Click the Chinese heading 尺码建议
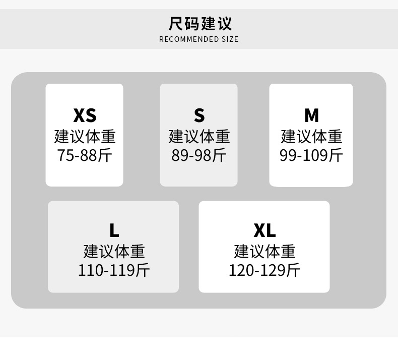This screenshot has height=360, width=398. coord(200,24)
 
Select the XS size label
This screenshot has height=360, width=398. coord(85,115)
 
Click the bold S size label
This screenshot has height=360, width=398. coord(199,115)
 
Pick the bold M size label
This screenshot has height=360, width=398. coord(311,115)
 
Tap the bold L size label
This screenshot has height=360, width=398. coord(114,230)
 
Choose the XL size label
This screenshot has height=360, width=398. coord(264,230)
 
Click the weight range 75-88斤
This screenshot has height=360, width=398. coord(85,155)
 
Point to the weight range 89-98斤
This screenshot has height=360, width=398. coord(199,155)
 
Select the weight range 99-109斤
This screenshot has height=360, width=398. coord(311,155)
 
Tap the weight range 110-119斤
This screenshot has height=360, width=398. coord(114,270)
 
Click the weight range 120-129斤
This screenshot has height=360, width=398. coord(264,270)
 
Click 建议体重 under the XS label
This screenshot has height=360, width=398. coord(85,136)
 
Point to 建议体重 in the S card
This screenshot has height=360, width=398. coord(199,136)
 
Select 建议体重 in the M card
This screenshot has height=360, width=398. coord(311,136)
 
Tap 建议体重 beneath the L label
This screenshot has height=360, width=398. coord(114,251)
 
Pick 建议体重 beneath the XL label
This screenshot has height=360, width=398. coord(264,251)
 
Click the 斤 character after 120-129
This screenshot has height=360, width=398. coord(293,270)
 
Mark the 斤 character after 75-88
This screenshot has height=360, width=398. coord(105,155)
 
